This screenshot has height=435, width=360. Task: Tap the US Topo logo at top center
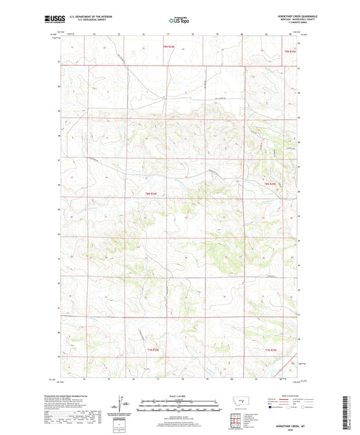coord(179,21)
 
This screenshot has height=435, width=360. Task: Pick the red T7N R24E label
coord(153,349)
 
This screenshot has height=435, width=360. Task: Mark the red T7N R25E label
coord(271,349)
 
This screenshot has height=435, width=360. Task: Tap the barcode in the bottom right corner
coord(349,412)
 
